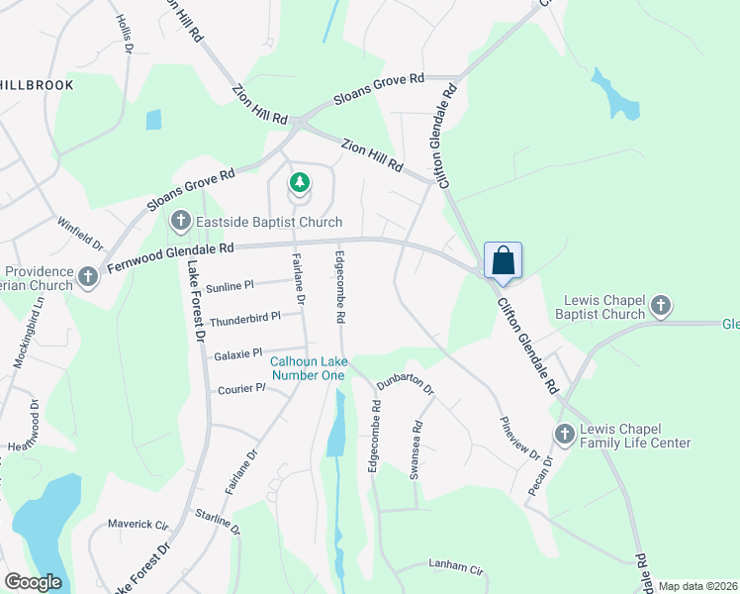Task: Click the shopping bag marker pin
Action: coord(503,262)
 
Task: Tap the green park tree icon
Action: coord(299,183)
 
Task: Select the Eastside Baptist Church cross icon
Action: coord(181,221)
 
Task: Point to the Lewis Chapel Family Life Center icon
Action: coord(564,434)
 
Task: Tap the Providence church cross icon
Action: coord(88,277)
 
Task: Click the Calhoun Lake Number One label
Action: coord(309,368)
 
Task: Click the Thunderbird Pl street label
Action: coord(244,318)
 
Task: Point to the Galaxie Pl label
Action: coord(237,352)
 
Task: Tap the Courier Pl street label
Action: coord(242,389)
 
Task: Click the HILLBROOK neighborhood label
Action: coord(38,85)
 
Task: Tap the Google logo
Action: coord(34,582)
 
